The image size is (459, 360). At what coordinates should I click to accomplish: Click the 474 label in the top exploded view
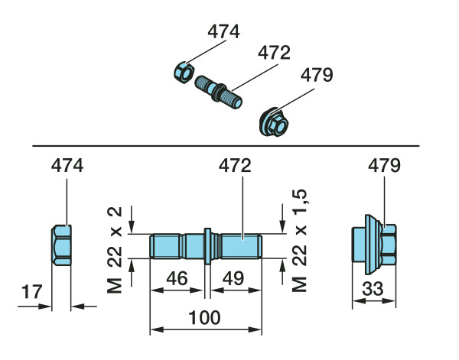coord(224,32)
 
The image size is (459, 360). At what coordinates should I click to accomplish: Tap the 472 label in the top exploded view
coord(275,53)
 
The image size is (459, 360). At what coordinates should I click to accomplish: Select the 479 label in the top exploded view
coord(317,75)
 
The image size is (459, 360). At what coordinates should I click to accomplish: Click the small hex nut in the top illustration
coord(184,73)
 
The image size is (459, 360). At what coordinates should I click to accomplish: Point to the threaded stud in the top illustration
coord(219,92)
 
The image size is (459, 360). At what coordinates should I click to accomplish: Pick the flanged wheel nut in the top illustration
coord(274,123)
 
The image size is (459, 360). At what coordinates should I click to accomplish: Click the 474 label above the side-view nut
coord(67,166)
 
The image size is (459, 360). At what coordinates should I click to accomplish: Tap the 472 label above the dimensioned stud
coord(235,166)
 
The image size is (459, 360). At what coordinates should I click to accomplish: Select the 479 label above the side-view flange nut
coord(384,166)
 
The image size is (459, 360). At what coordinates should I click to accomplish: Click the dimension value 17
coord(32,292)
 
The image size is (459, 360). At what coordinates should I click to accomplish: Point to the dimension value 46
coord(177,278)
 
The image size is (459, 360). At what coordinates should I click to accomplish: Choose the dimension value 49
coord(233,278)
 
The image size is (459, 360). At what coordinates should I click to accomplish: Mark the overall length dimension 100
coord(204,318)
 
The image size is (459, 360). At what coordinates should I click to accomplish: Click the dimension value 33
coord(373,289)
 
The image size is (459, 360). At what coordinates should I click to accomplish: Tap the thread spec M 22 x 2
coord(115,250)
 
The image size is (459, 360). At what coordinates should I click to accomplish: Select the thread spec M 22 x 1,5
coord(300,241)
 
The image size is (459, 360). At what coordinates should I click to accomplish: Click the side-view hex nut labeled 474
coord(61,245)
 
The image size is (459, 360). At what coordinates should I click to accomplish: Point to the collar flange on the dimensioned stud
coord(207,246)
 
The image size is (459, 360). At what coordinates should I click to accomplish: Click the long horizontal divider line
coord(226,146)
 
